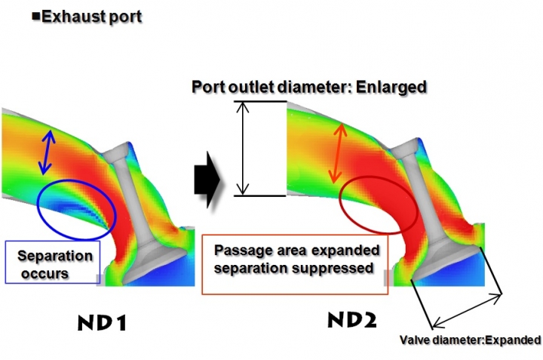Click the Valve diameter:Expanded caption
point(470,340)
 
